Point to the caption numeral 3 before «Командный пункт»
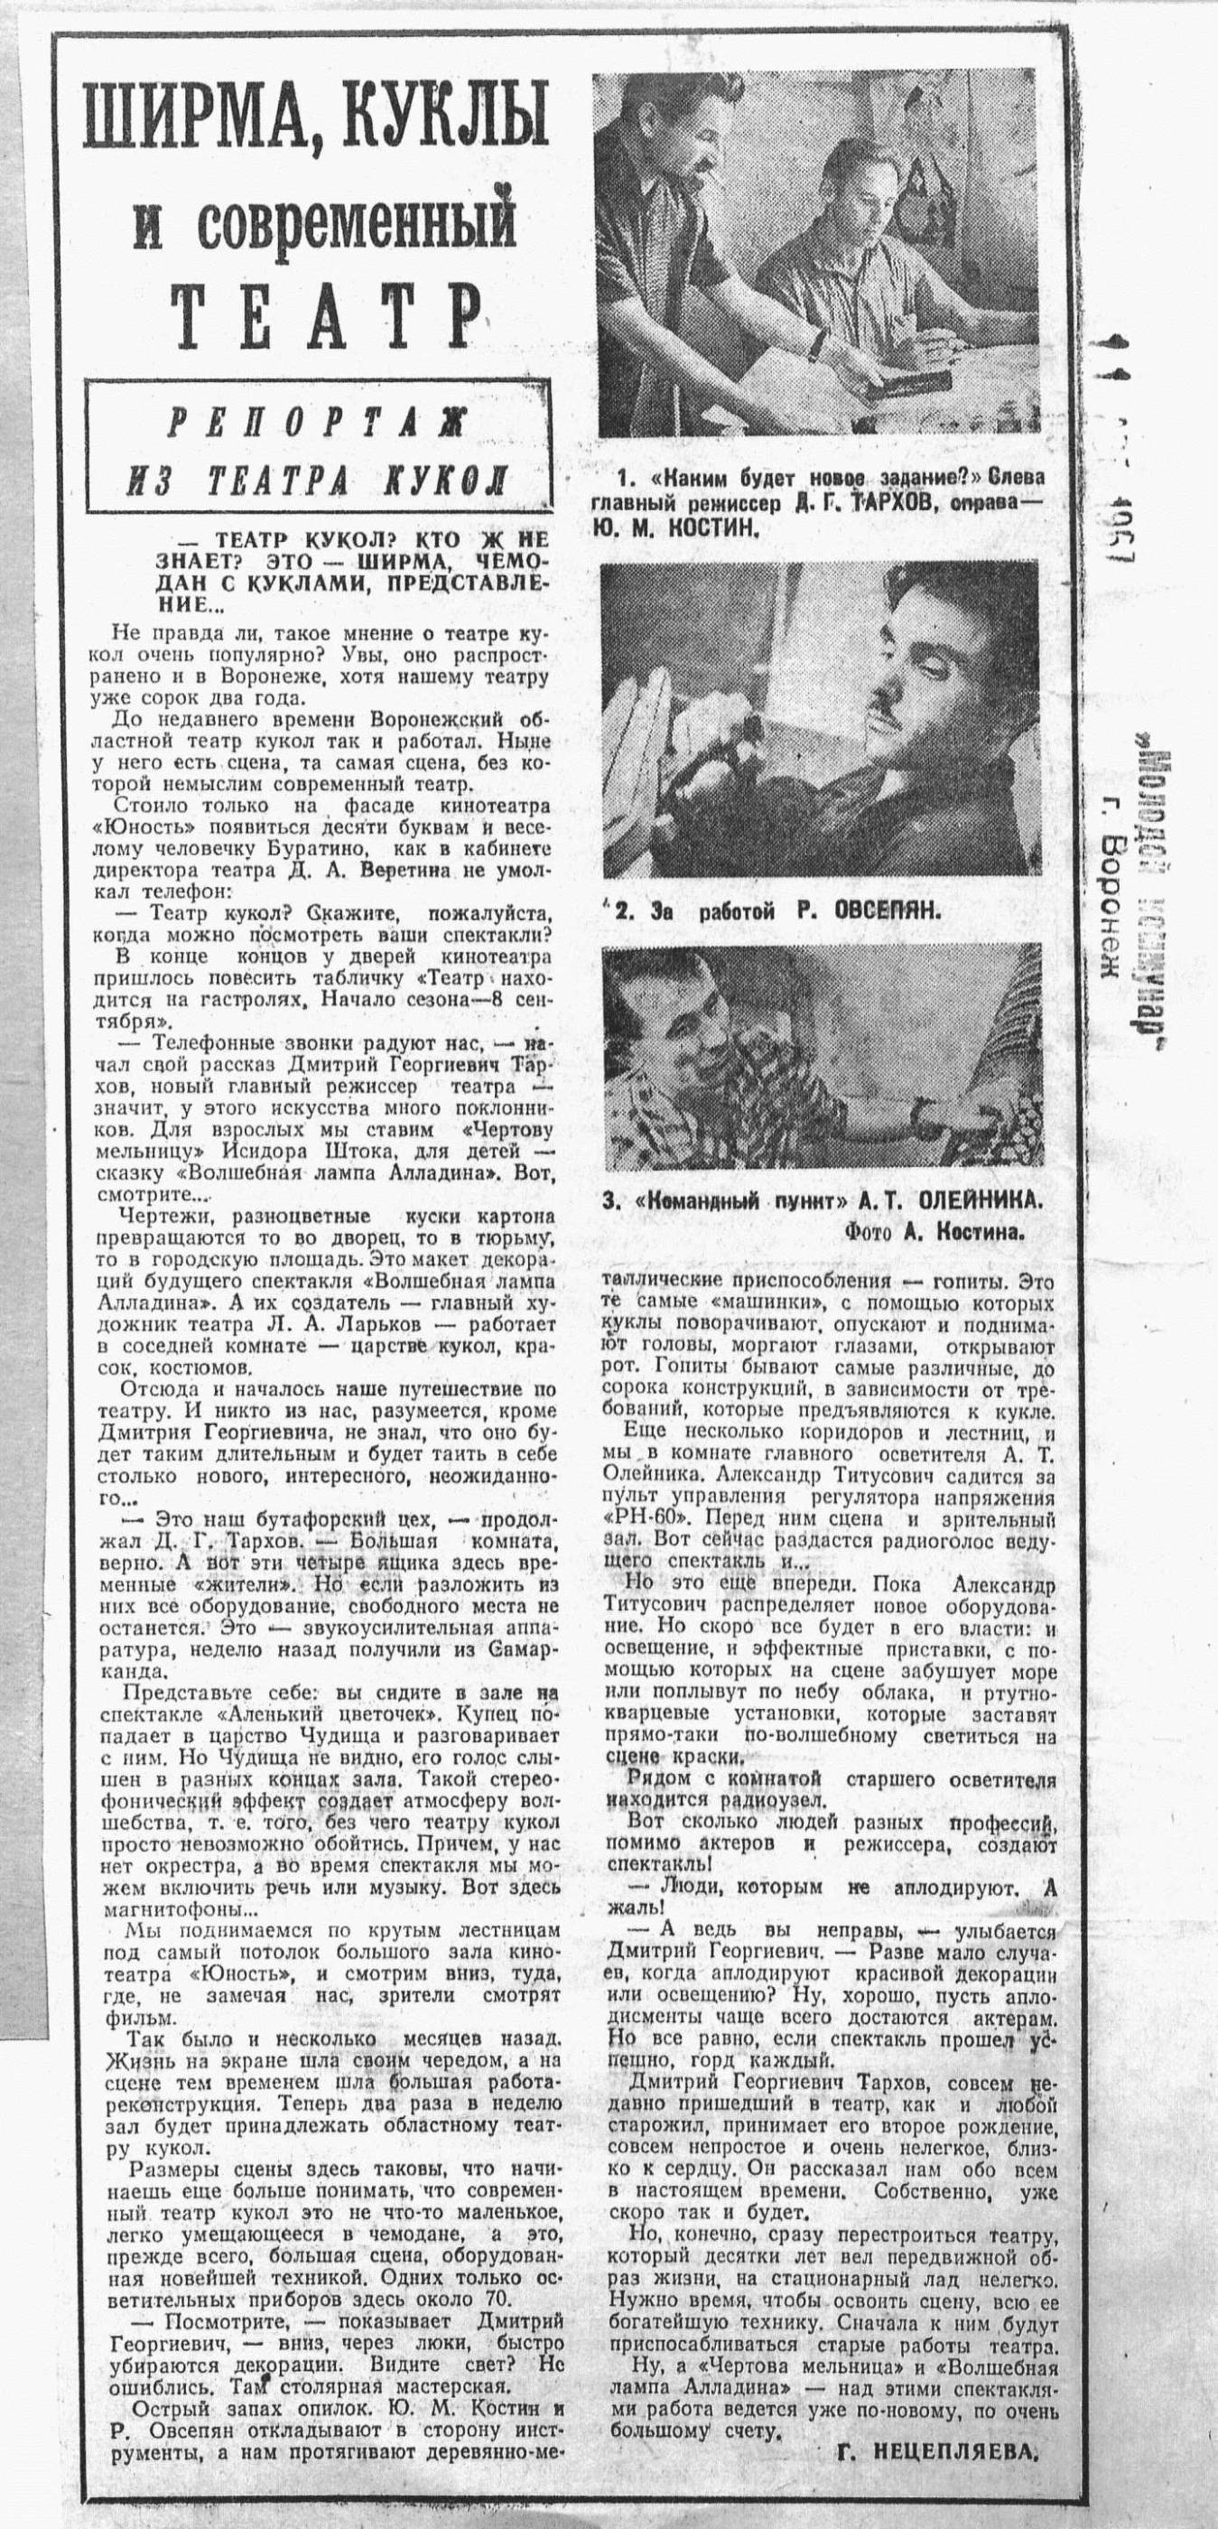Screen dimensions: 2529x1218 coord(609,1200)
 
